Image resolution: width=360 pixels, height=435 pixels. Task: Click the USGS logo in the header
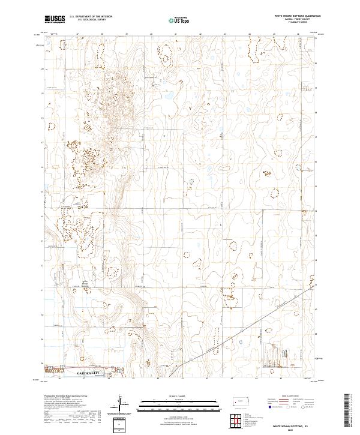55,20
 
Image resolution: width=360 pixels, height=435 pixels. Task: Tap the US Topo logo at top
180,20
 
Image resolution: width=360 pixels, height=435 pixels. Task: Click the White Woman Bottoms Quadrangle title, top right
297,16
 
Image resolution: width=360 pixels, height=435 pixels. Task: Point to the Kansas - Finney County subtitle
297,20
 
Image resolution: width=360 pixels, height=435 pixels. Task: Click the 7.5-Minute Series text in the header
297,24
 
